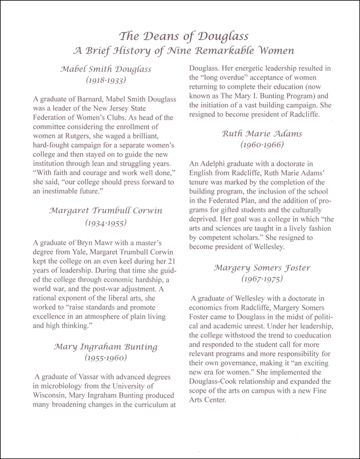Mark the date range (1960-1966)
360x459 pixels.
pyautogui.click(x=262, y=145)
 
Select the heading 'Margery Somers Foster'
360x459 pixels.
pyautogui.click(x=262, y=267)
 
